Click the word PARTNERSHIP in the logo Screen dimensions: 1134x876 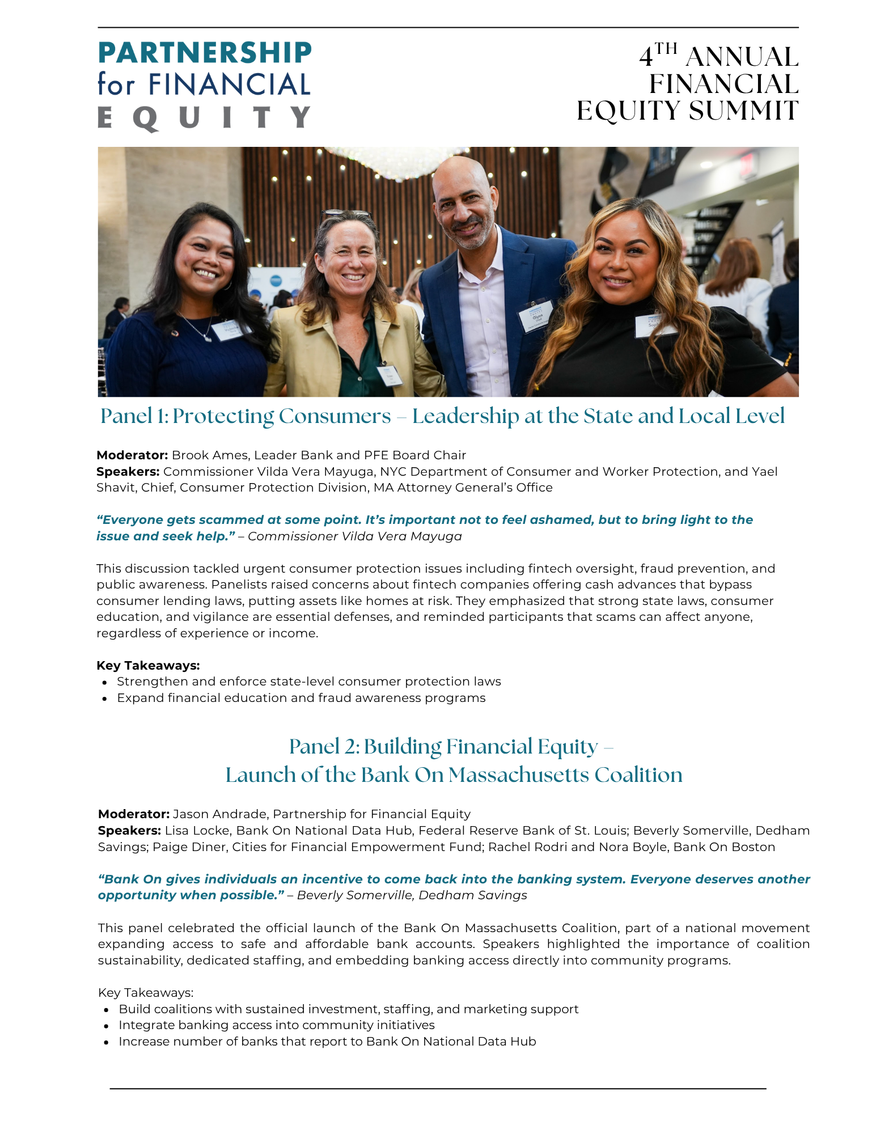tap(205, 53)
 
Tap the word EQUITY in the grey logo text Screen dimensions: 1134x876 tap(204, 118)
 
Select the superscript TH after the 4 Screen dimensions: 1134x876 tap(667, 48)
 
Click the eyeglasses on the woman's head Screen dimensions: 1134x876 tap(345, 216)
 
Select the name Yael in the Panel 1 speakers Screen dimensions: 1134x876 tap(765, 472)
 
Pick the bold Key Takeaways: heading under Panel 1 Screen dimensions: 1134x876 tap(148, 666)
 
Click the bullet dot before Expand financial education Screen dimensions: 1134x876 tap(105, 699)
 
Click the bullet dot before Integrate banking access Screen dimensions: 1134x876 tap(106, 1026)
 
